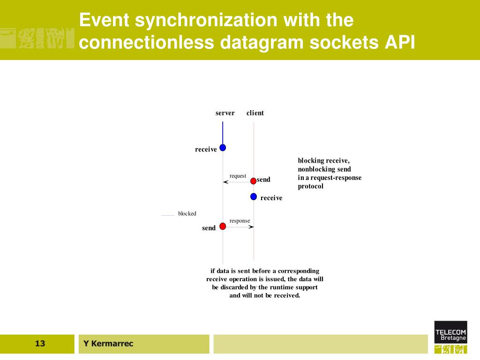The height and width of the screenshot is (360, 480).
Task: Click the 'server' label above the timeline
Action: [x=225, y=113]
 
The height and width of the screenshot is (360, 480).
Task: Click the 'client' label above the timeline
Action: [x=255, y=113]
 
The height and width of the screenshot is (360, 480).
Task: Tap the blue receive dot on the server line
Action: [x=223, y=148]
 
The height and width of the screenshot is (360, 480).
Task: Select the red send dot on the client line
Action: [x=253, y=181]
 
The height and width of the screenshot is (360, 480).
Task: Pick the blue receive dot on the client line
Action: [x=254, y=196]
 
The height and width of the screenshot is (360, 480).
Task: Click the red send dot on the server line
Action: [x=223, y=226]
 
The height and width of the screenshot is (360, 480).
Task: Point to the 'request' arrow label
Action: [x=238, y=176]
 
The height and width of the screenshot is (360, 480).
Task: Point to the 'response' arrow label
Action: [x=240, y=221]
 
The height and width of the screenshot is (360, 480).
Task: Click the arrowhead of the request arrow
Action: [x=225, y=182]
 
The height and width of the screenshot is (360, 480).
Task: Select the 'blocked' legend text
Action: [x=187, y=214]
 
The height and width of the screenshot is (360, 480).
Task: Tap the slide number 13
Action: [x=40, y=344]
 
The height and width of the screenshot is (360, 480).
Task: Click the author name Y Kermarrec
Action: [x=108, y=344]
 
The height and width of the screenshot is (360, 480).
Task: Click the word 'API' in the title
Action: [x=400, y=42]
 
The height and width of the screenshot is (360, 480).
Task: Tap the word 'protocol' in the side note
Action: [x=311, y=187]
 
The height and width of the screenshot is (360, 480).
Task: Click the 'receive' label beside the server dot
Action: [x=206, y=150]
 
